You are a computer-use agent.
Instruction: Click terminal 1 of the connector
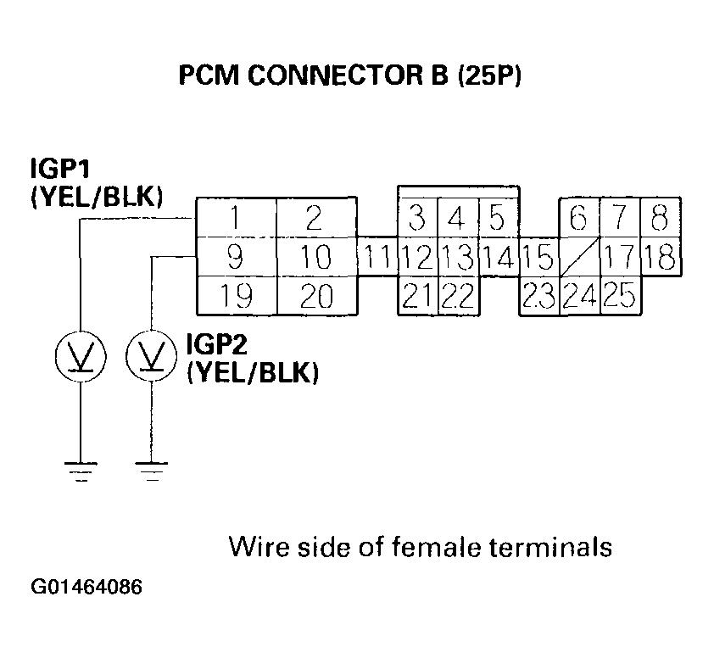pyautogui.click(x=237, y=219)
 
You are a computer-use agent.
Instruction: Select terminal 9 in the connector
pyautogui.click(x=237, y=256)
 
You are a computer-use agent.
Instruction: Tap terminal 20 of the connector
pyautogui.click(x=317, y=295)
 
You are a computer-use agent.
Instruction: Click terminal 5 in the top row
pyautogui.click(x=498, y=219)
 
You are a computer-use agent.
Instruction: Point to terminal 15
pyautogui.click(x=538, y=256)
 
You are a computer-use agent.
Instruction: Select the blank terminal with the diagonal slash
pyautogui.click(x=580, y=256)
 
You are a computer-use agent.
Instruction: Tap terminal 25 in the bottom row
pyautogui.click(x=621, y=295)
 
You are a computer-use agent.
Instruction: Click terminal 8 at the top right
pyautogui.click(x=660, y=219)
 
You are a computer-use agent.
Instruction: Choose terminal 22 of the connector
pyautogui.click(x=459, y=295)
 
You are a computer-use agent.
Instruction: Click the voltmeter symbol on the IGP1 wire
pyautogui.click(x=79, y=356)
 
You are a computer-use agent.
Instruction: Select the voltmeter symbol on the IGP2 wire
pyautogui.click(x=151, y=356)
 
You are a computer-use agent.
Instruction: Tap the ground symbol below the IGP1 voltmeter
pyautogui.click(x=79, y=471)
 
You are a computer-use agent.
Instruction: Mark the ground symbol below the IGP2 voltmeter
pyautogui.click(x=151, y=471)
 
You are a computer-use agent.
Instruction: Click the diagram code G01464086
pyautogui.click(x=86, y=588)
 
